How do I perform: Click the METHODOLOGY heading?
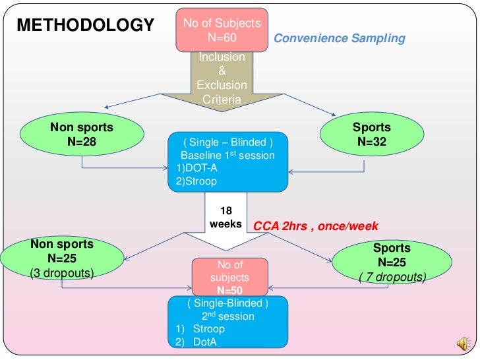pos(85,26)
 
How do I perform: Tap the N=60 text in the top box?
pos(222,38)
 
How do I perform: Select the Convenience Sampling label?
pos(339,38)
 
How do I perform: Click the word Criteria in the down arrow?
pos(222,100)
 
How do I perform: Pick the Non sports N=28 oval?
pos(82,135)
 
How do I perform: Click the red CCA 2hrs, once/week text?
pos(316,226)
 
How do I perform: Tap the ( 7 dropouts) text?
pos(392,277)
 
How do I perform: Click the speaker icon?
pos(464,343)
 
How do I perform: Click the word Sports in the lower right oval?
pos(392,248)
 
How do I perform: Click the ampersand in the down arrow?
pos(222,71)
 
